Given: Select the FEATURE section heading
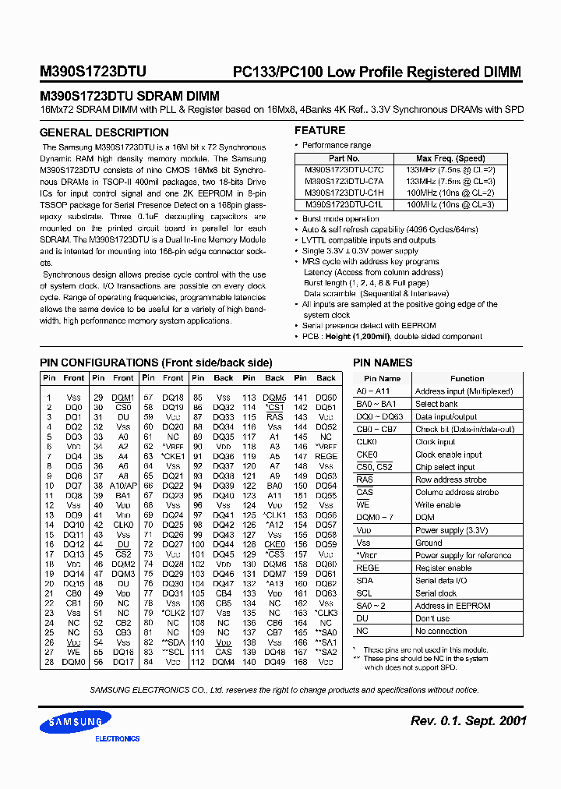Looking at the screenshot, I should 319,130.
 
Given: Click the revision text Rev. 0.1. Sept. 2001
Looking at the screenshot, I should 468,720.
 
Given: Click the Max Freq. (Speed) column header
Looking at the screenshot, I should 450,158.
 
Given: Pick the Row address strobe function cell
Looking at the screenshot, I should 450,479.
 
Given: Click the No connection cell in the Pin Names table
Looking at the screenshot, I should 441,631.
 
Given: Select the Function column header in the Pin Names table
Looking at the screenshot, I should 467,378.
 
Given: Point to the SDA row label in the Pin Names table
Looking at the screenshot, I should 365,580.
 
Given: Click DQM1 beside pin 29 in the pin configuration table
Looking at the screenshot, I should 123,397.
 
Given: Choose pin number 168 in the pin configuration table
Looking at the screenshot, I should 301,662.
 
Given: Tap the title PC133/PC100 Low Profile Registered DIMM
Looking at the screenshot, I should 377,73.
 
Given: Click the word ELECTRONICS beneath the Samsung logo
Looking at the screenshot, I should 117,738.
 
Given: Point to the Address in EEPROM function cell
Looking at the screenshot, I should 453,606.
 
